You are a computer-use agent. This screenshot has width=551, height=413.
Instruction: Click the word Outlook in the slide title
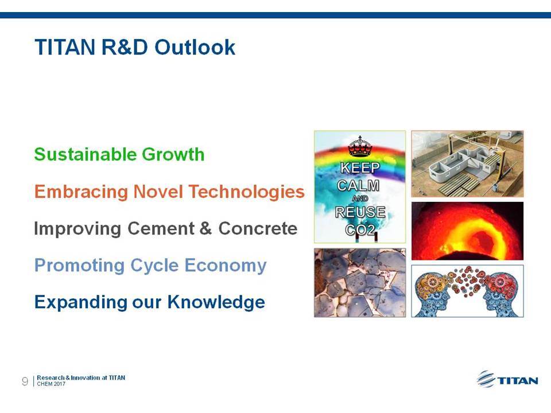[195, 47]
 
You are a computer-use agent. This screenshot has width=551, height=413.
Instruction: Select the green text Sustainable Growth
[119, 154]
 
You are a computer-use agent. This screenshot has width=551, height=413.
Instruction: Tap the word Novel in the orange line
[158, 192]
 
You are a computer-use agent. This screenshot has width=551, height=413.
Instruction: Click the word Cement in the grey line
[161, 228]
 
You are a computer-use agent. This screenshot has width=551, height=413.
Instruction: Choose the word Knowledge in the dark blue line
[216, 302]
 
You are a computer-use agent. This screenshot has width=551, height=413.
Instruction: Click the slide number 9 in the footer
[25, 381]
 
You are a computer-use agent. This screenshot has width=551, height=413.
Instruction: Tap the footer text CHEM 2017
[51, 384]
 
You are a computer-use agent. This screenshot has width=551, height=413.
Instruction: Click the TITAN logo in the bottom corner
[507, 379]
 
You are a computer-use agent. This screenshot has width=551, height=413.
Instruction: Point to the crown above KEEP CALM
[360, 146]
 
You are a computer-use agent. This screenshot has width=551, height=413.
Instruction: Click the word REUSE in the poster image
[360, 212]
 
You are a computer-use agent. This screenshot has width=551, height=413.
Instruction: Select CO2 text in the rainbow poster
[360, 229]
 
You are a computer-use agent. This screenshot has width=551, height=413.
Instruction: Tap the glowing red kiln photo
[467, 231]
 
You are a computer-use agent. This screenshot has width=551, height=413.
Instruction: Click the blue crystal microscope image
[360, 283]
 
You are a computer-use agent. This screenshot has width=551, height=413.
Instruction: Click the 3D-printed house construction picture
[467, 163]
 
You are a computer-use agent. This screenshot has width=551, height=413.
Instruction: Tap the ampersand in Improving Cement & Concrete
[205, 228]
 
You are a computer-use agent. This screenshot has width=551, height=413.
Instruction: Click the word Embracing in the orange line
[81, 192]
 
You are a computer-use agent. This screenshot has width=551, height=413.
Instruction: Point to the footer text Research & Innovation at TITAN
[81, 378]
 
